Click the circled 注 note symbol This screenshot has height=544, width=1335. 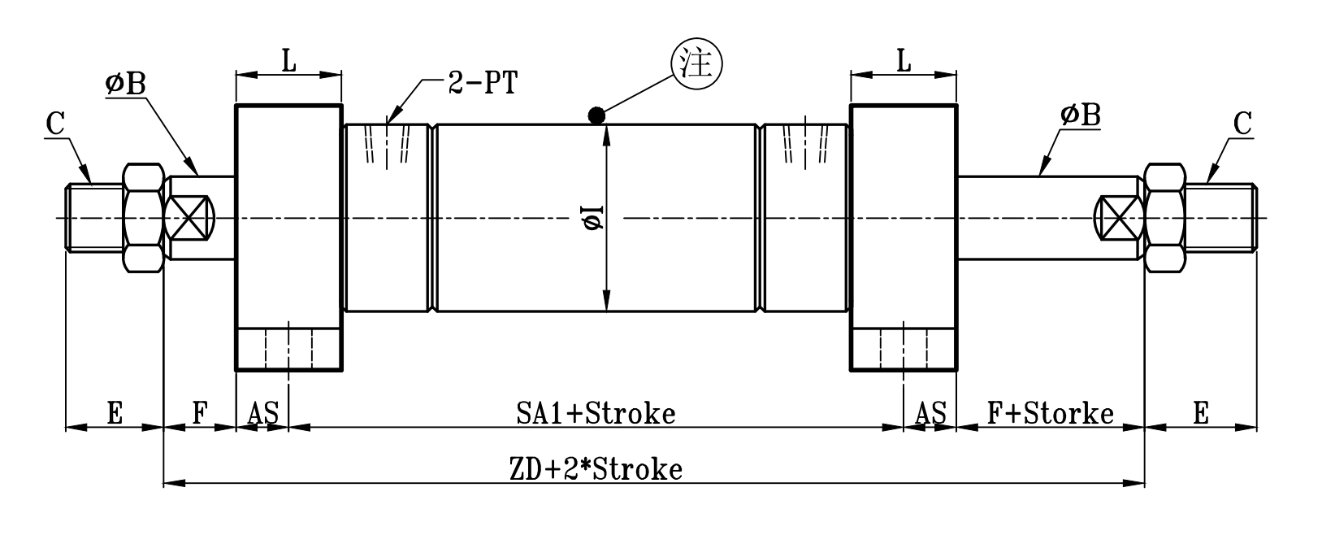696,63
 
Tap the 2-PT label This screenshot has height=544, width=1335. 482,83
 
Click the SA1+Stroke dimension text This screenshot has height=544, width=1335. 596,413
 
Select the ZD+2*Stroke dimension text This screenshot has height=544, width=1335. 596,469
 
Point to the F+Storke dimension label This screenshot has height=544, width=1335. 1050,413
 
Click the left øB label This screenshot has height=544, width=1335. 124,83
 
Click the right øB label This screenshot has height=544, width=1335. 1080,115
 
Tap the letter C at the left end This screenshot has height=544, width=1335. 55,124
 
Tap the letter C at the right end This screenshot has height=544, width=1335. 1242,124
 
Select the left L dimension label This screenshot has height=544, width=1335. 288,60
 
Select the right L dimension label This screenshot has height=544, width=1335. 904,60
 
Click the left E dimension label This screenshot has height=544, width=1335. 114,414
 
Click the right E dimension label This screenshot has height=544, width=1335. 1200,414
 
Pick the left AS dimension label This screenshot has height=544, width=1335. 262,414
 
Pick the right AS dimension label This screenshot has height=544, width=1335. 930,414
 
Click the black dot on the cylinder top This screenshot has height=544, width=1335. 596,115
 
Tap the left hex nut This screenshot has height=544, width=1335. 144,217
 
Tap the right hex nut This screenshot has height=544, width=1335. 1164,217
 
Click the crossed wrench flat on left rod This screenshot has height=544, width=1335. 190,217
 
